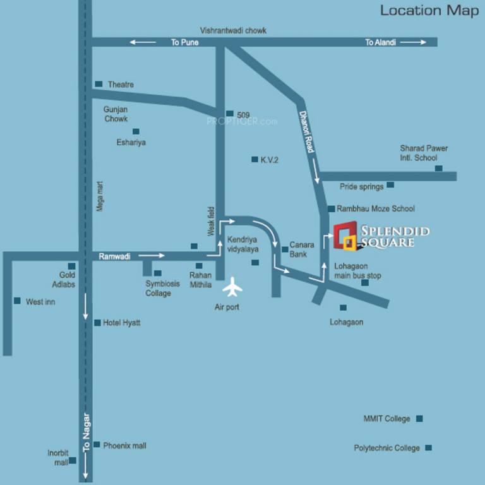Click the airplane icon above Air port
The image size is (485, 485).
tap(232, 287)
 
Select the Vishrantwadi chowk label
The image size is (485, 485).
tap(233, 30)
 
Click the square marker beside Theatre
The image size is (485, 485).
tap(99, 84)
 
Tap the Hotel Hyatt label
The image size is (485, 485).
tap(121, 323)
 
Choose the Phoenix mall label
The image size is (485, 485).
tap(124, 445)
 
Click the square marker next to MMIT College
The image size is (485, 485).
tap(419, 419)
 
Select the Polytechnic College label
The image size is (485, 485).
tap(386, 448)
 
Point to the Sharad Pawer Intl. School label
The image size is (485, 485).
tap(424, 153)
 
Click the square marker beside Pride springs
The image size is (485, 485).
tap(390, 185)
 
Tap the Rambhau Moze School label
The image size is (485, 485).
tap(376, 208)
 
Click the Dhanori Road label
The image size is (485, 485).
tap(306, 131)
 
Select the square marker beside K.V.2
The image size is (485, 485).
tap(254, 160)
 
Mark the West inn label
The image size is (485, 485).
tap(40, 302)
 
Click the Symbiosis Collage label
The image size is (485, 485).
tap(158, 289)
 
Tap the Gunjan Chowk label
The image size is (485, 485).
tap(116, 114)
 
